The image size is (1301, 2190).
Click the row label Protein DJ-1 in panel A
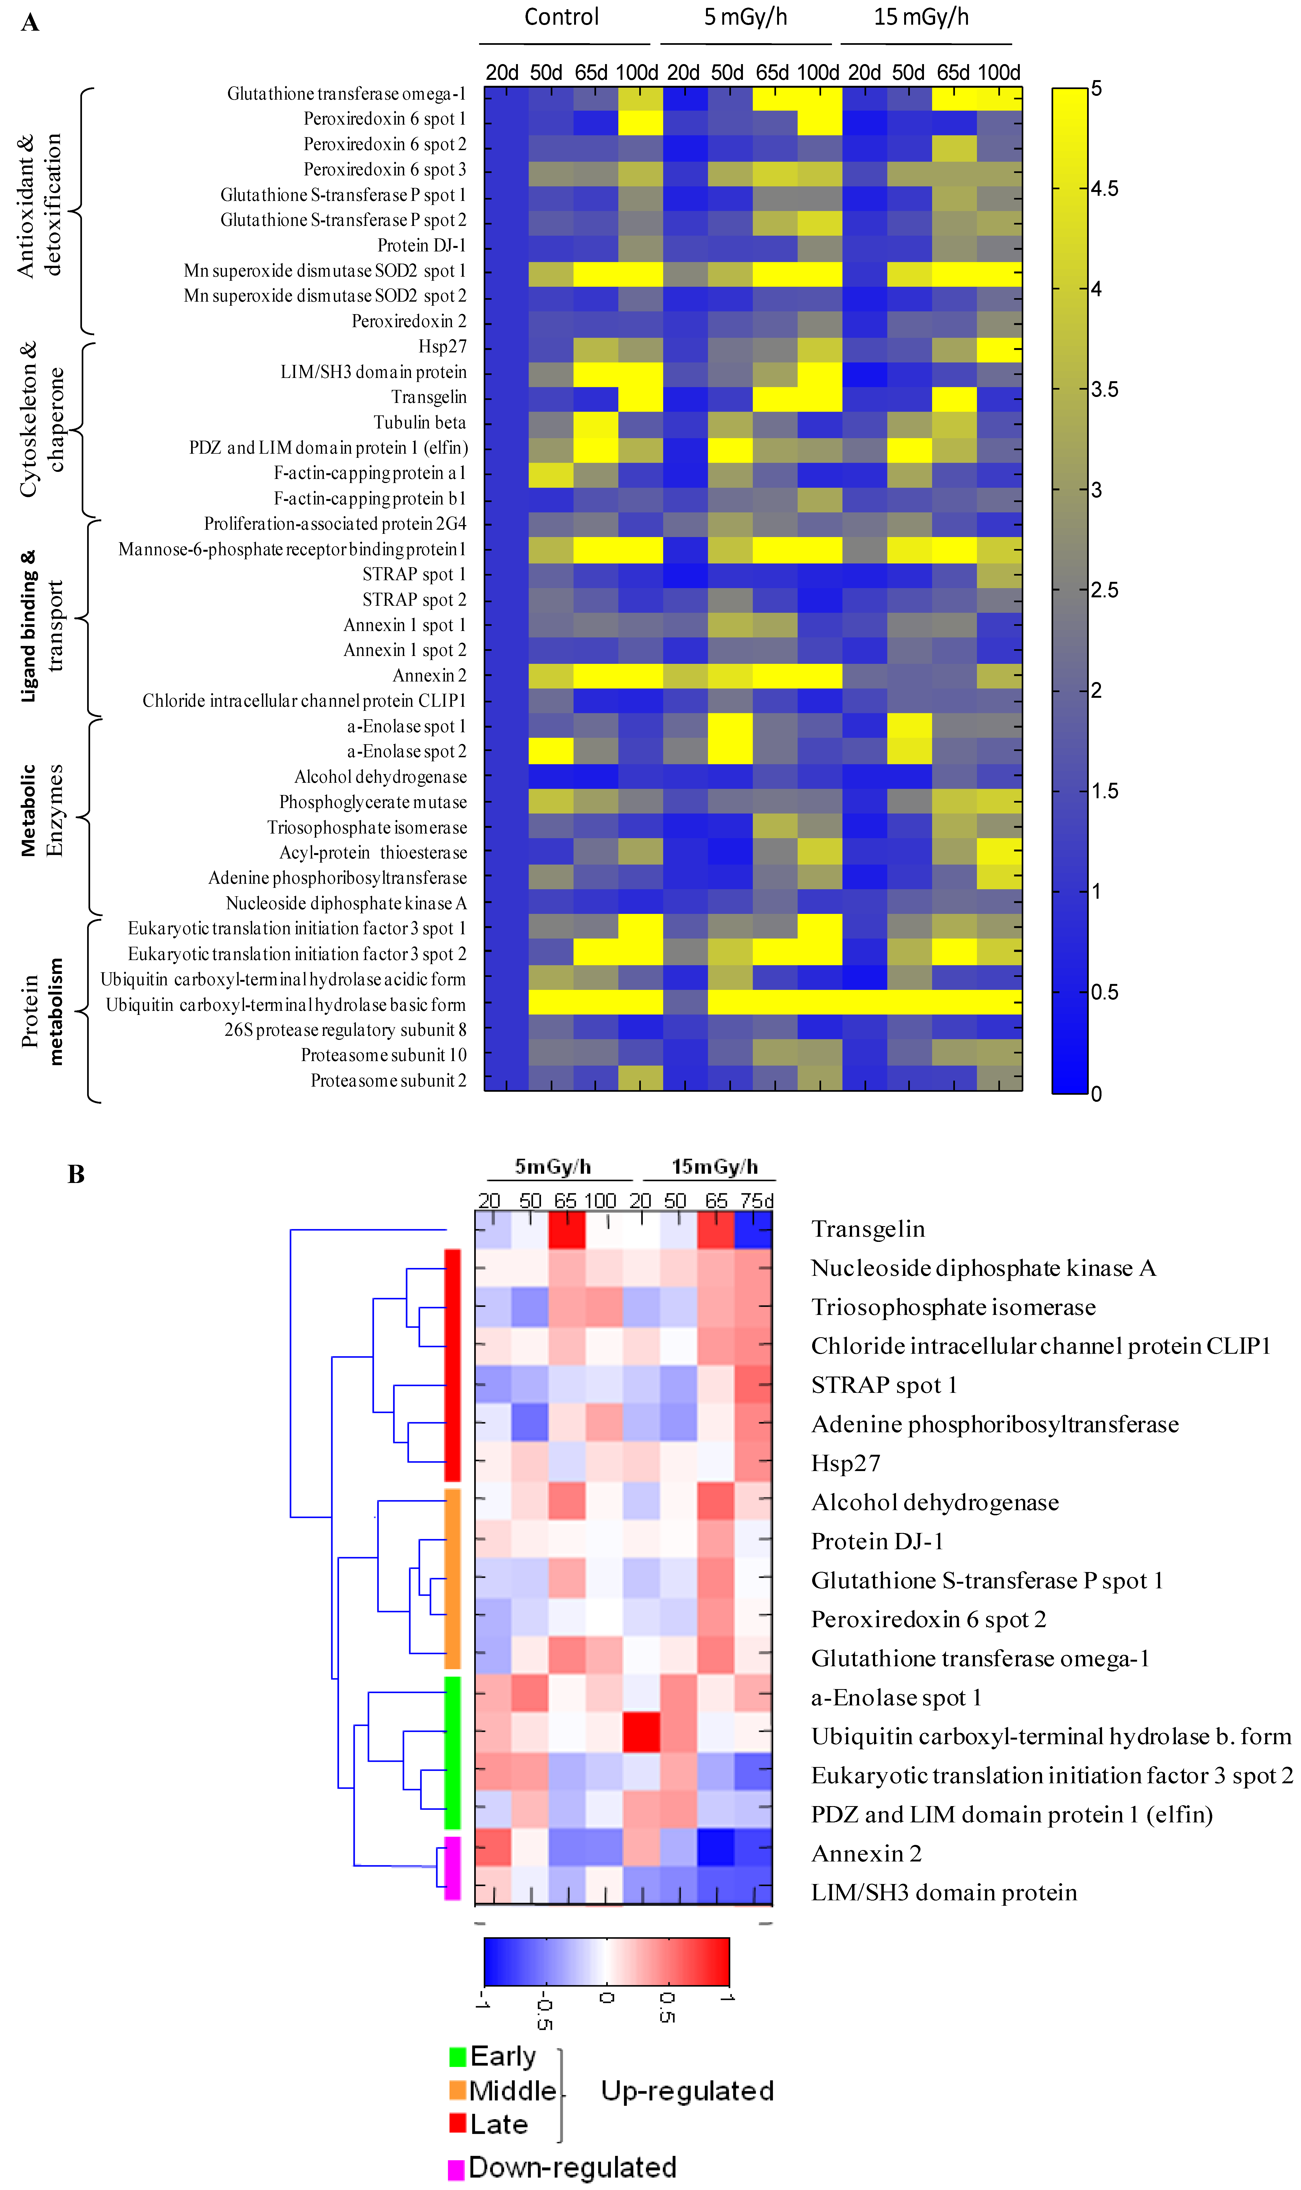click(422, 245)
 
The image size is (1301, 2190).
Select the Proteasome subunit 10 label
click(384, 1055)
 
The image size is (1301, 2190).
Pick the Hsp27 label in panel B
click(845, 1463)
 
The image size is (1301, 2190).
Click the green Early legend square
click(457, 2056)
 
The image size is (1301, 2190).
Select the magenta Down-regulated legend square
click(456, 2169)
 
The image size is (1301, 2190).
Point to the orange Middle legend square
click(457, 2090)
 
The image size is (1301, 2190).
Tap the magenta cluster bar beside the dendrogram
click(452, 1868)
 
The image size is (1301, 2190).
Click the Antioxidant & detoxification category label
click(39, 206)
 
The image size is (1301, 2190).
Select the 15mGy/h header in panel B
click(714, 1167)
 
